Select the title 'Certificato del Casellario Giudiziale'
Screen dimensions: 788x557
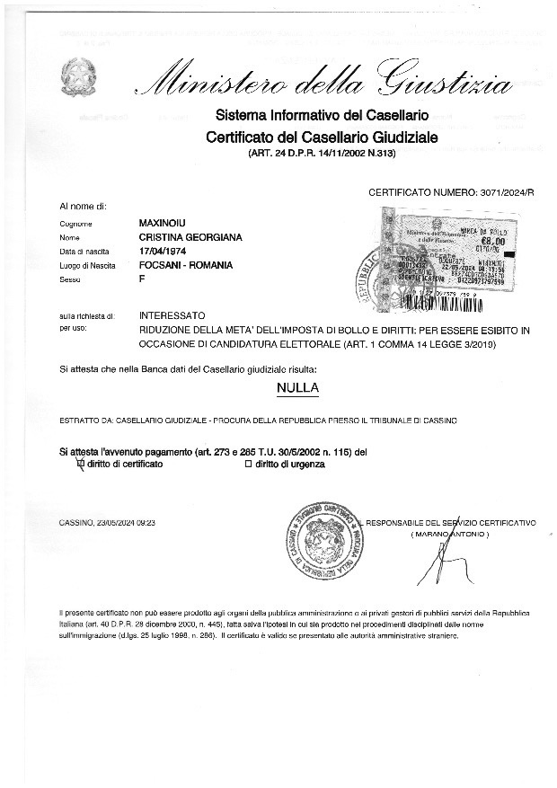[321, 137]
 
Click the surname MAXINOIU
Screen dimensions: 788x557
[164, 222]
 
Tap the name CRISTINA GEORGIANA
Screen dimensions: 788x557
[190, 236]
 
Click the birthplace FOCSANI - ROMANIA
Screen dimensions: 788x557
[186, 265]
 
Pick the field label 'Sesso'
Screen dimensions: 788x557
[71, 280]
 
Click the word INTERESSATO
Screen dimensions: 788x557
[172, 315]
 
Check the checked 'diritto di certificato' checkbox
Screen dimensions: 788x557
[81, 464]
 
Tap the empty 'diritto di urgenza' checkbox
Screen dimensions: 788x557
[248, 464]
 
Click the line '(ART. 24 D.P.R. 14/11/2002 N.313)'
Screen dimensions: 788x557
[321, 154]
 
